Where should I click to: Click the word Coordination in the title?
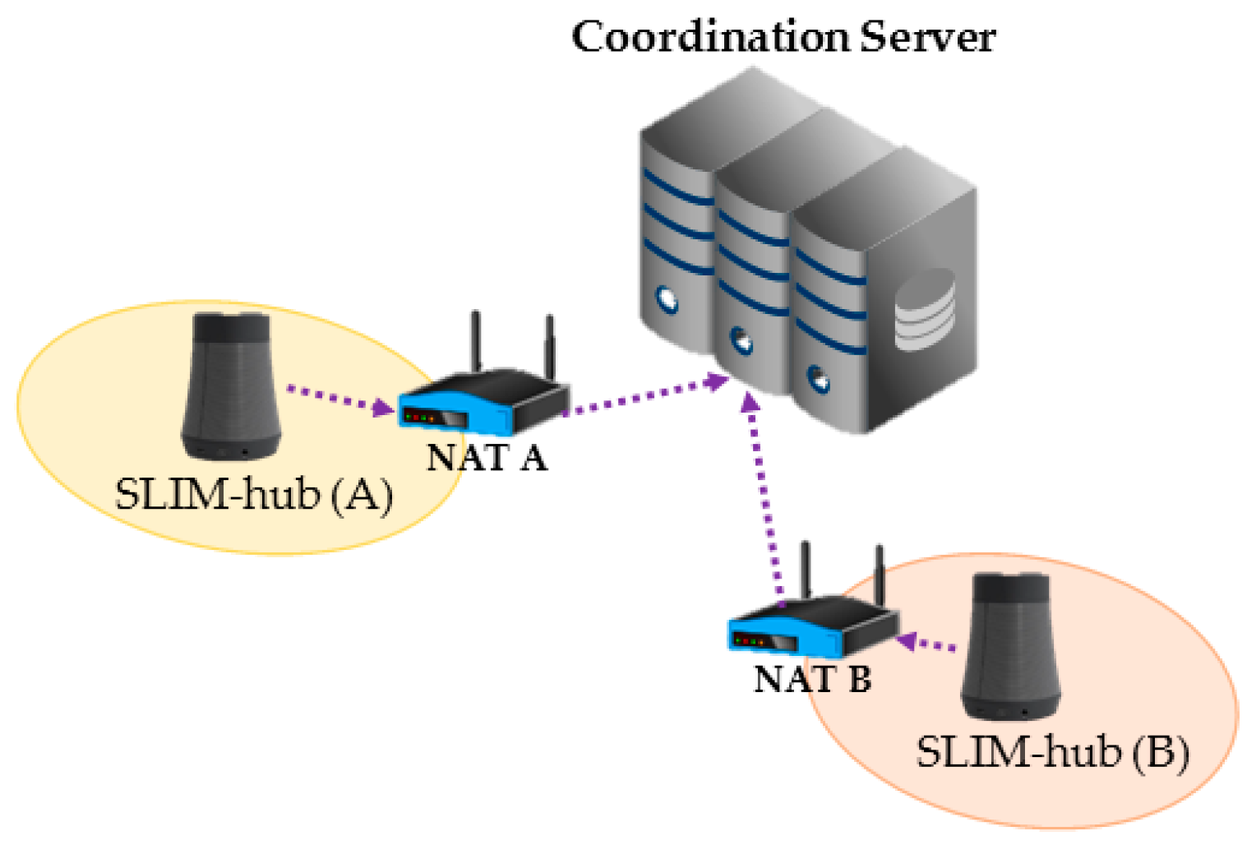point(711,37)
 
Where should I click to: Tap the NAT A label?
point(487,458)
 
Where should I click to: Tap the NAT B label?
point(812,680)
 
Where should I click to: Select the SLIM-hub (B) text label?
point(1052,752)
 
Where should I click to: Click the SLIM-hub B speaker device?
point(1010,645)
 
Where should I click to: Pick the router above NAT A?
point(483,403)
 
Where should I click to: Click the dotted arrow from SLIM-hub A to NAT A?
point(339,398)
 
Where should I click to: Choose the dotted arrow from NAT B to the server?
point(763,493)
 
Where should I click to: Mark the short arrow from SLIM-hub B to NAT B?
point(927,643)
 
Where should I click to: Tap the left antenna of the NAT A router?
point(475,342)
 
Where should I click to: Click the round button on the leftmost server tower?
point(666,298)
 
